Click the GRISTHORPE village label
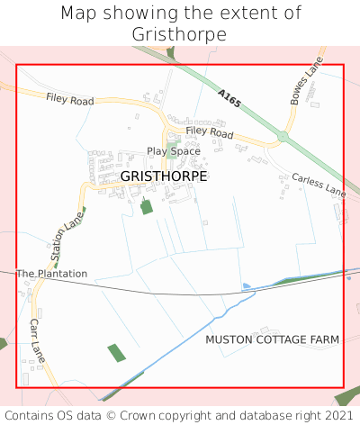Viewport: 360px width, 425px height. pos(163,176)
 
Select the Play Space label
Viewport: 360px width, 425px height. pos(174,151)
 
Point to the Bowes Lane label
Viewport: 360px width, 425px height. pos(306,85)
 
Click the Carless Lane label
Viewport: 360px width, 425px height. pos(319,185)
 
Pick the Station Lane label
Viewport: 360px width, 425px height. pos(68,239)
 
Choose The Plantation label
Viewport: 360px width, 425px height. pos(51,273)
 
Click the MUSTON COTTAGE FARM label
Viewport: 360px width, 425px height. pos(272,339)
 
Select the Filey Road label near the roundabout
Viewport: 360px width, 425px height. pos(210,132)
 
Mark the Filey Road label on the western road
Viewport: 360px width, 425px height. pos(69,100)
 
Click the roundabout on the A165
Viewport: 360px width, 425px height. pos(283,137)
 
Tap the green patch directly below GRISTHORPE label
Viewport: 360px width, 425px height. pos(147,207)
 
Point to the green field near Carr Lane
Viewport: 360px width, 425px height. pos(117,353)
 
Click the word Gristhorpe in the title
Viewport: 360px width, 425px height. pos(181,33)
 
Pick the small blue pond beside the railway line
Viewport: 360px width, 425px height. pos(247,286)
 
